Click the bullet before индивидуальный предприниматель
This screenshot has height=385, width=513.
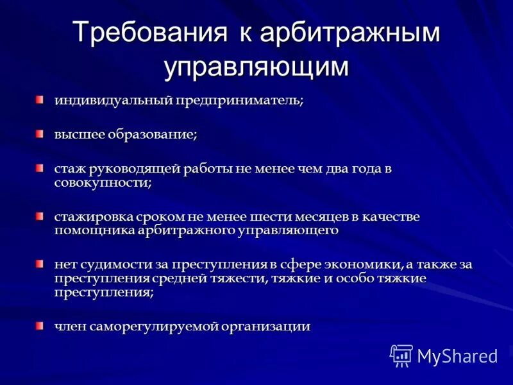[x=40, y=99]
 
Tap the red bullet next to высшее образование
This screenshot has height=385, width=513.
[x=40, y=133]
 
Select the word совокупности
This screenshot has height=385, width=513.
[x=102, y=182]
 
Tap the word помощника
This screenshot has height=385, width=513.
[x=94, y=230]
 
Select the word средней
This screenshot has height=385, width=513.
[x=183, y=278]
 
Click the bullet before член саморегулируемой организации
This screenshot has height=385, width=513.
[x=40, y=325]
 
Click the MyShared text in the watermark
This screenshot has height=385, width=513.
[x=457, y=355]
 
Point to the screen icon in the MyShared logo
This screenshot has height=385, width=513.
[x=401, y=355]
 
